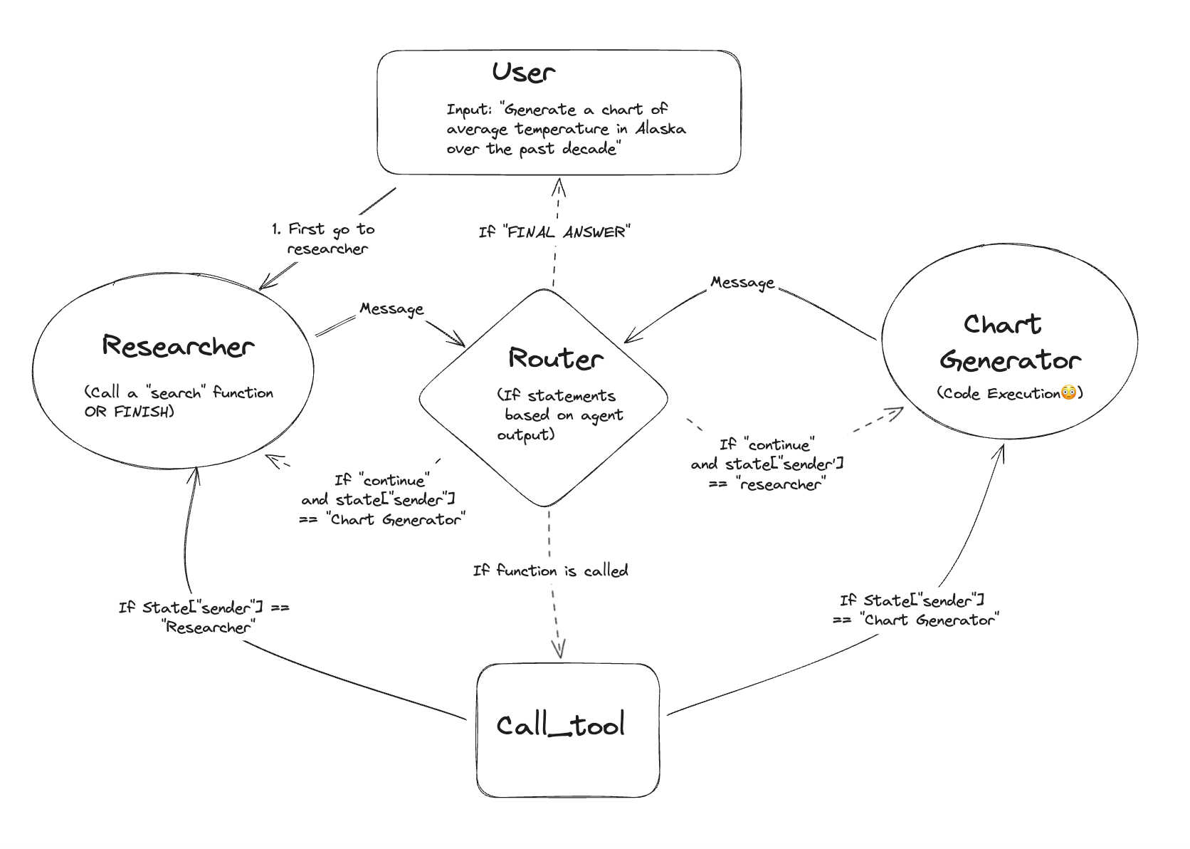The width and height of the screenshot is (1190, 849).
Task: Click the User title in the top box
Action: (523, 73)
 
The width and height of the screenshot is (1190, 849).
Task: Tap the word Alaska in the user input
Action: (660, 129)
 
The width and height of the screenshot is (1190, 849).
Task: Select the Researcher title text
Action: (178, 346)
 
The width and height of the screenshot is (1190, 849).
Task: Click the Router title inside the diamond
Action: (555, 358)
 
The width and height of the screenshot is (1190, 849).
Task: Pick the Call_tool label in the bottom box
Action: (560, 725)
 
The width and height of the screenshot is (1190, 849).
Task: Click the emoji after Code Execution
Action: (1068, 392)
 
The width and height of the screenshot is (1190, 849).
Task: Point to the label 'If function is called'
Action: (550, 571)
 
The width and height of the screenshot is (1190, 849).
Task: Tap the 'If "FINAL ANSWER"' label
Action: (554, 232)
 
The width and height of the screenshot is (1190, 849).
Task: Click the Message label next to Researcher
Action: (391, 309)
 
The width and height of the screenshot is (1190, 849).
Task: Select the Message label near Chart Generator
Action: (742, 283)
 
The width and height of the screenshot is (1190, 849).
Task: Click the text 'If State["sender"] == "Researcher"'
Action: (204, 617)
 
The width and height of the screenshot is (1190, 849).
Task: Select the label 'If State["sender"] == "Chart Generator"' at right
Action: (915, 610)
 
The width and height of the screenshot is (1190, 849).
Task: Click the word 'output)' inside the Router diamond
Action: (525, 434)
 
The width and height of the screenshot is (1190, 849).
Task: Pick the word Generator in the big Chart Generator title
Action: (1010, 361)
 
